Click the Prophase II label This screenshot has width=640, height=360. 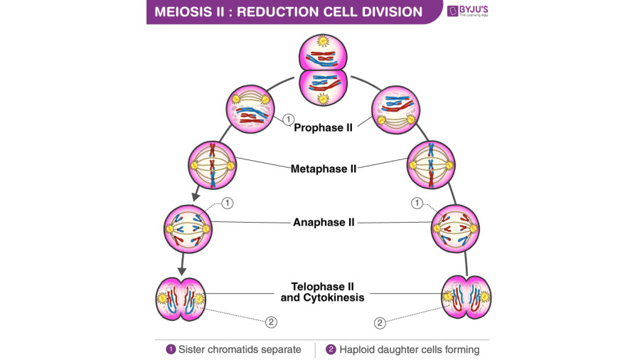point(324,128)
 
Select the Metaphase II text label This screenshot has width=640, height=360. point(324,169)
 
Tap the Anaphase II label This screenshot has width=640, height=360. point(324,222)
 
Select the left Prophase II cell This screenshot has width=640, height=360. point(250,107)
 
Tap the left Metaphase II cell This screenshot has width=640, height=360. point(212,163)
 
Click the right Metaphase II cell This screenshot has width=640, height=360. point(430,163)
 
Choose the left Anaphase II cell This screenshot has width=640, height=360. point(187,228)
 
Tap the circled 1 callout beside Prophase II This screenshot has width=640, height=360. point(288,119)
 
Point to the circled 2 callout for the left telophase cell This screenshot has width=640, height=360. point(271,322)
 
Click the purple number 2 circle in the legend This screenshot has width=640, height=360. point(331,349)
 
